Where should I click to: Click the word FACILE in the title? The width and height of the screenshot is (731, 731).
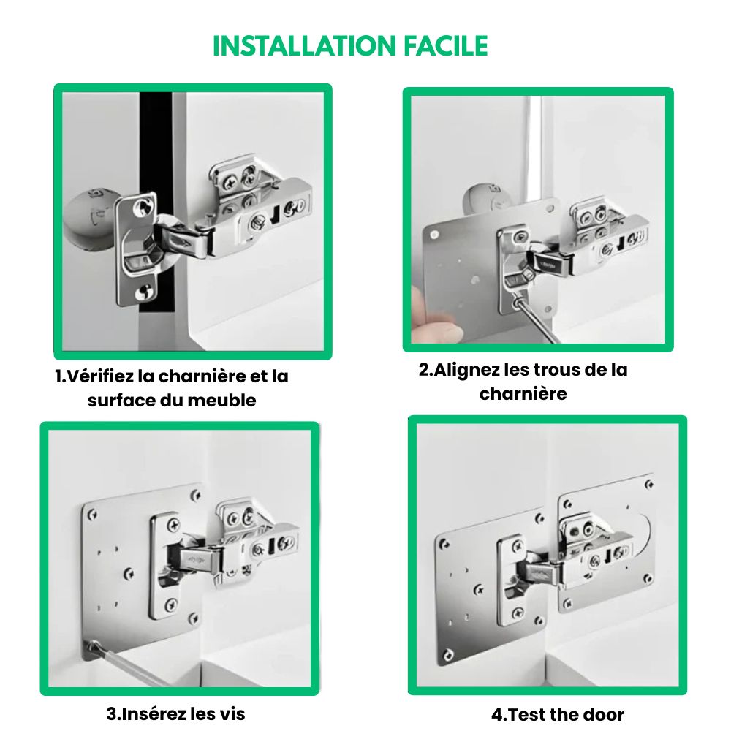click(446, 45)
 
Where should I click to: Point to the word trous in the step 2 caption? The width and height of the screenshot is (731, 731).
click(556, 370)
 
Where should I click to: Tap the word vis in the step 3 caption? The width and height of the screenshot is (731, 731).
click(233, 713)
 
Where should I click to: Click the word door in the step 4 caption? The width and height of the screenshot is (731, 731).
click(602, 714)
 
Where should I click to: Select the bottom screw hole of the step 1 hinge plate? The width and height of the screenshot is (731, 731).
click(142, 292)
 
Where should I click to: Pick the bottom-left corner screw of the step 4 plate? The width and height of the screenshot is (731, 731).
click(449, 654)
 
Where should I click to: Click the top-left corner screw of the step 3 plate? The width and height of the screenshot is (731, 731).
click(92, 514)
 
